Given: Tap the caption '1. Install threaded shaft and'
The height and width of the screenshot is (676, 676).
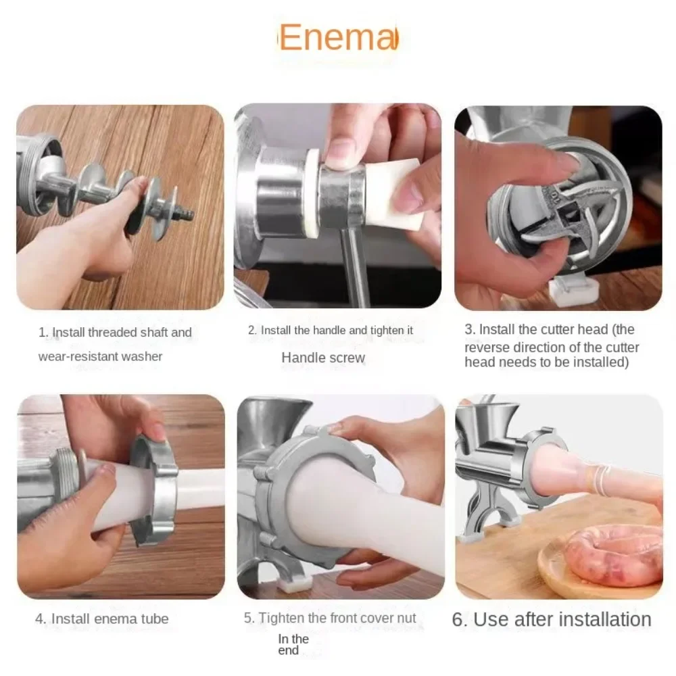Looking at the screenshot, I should (115, 332).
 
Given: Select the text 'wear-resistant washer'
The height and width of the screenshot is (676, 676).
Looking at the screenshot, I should (100, 356).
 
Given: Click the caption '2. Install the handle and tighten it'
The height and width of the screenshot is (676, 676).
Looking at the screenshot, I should (330, 331).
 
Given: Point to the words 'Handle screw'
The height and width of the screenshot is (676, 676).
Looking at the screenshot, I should (323, 358).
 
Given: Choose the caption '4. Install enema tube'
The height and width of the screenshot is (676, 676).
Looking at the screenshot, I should (102, 618).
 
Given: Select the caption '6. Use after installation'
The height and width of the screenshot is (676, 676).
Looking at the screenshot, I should (552, 619).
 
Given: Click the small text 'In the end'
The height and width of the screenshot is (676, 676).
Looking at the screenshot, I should (293, 644).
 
